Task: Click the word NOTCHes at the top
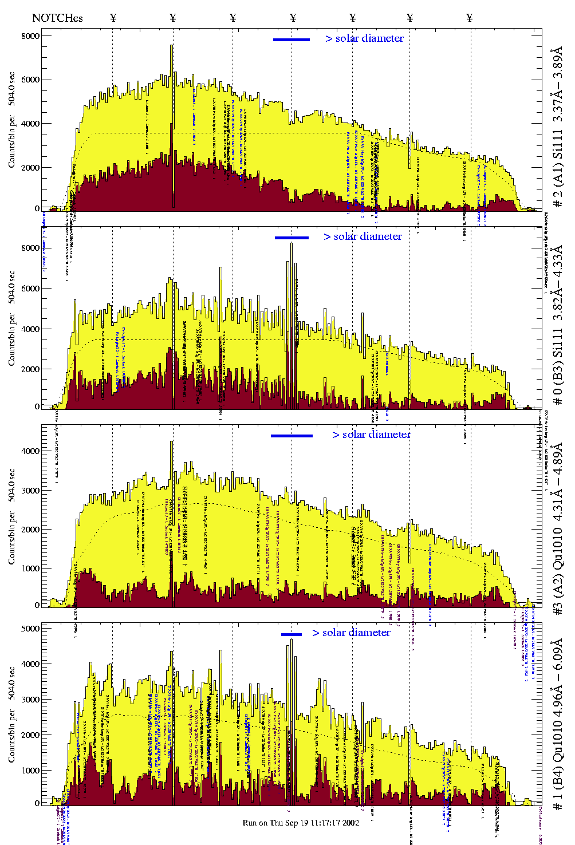coord(57,18)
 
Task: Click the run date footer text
coord(301,823)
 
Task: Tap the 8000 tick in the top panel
coord(30,36)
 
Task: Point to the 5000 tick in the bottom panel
coord(30,629)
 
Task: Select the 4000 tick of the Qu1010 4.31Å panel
coord(30,451)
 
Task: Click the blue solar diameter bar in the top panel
coord(292,40)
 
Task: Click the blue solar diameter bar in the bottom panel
coord(292,634)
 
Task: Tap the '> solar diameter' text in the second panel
coord(363,236)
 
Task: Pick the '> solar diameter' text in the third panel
coord(371,435)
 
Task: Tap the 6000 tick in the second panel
coord(30,289)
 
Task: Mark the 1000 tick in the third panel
coord(30,568)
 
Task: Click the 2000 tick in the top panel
coord(30,168)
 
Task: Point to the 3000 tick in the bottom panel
coord(30,700)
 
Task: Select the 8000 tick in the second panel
coord(30,248)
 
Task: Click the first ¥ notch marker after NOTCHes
coord(113,18)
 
